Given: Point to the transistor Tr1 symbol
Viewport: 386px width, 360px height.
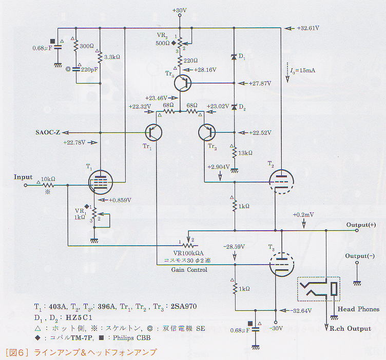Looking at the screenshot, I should click(x=153, y=132).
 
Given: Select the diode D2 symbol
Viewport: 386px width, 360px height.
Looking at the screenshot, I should click(x=234, y=107).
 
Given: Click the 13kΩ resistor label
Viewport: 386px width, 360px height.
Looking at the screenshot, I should click(x=246, y=153).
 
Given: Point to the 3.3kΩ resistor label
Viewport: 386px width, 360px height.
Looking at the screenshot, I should click(x=112, y=57).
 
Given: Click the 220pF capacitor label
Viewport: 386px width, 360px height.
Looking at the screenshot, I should click(x=90, y=69).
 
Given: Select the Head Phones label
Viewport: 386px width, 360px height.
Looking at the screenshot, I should click(x=358, y=309).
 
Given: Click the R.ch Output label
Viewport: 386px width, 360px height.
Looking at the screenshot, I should click(x=351, y=329).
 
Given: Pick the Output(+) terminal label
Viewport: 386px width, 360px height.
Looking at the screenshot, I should click(x=364, y=225).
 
